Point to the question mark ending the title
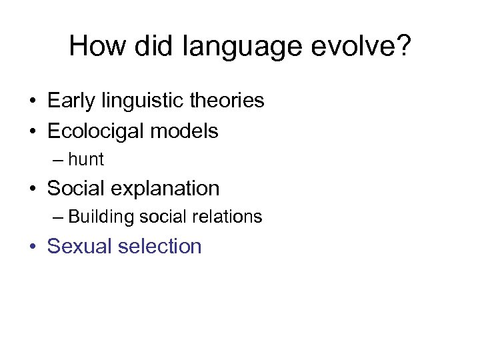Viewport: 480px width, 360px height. click(403, 46)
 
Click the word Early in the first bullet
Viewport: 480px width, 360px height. click(71, 101)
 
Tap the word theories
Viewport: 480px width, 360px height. click(227, 101)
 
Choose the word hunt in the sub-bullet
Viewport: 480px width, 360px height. click(86, 160)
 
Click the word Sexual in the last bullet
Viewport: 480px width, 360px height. click(79, 247)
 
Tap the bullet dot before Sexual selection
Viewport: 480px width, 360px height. click(33, 247)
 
